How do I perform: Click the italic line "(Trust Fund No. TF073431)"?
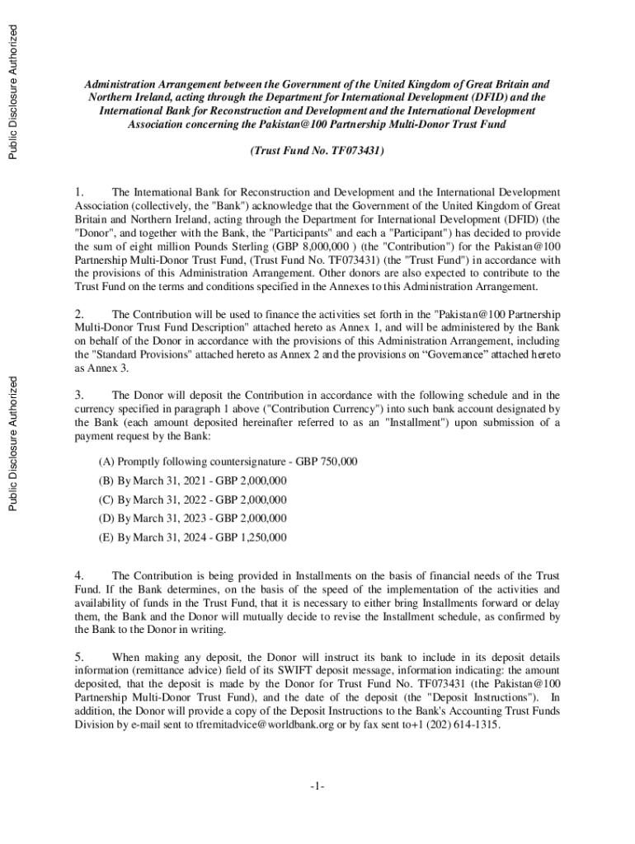pyautogui.click(x=317, y=152)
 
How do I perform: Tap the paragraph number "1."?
pyautogui.click(x=80, y=193)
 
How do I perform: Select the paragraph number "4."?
pyautogui.click(x=80, y=574)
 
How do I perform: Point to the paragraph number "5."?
pyautogui.click(x=80, y=657)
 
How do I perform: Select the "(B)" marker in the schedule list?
pyautogui.click(x=106, y=481)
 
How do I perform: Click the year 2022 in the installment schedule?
pyautogui.click(x=195, y=499)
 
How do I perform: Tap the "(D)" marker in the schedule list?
pyautogui.click(x=106, y=518)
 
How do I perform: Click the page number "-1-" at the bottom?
pyautogui.click(x=317, y=787)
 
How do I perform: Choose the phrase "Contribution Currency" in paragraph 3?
pyautogui.click(x=285, y=408)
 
